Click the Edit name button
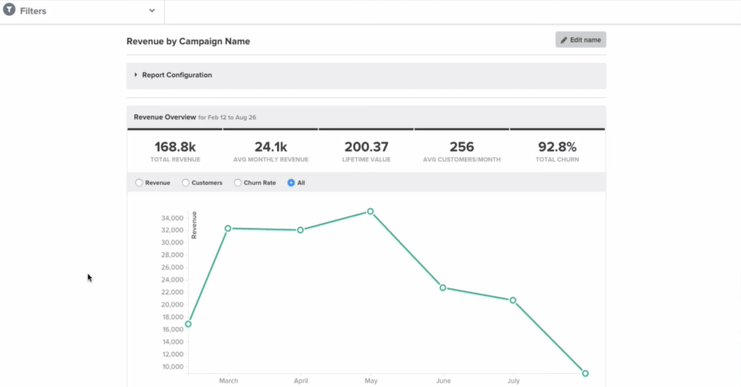(x=580, y=40)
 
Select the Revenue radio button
(x=139, y=183)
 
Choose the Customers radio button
(x=185, y=183)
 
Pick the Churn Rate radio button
(x=237, y=183)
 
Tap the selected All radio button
(x=291, y=183)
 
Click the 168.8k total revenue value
(x=175, y=147)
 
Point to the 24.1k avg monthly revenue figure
(x=271, y=147)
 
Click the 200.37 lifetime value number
(x=366, y=147)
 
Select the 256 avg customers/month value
(x=462, y=147)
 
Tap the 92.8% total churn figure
(x=557, y=147)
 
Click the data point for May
(x=370, y=212)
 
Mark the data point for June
(x=443, y=288)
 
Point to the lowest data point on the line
(x=585, y=373)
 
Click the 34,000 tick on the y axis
(x=172, y=218)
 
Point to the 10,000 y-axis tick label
(x=172, y=367)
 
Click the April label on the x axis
(x=300, y=380)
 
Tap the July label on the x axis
(x=513, y=380)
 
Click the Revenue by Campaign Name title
(x=188, y=42)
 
